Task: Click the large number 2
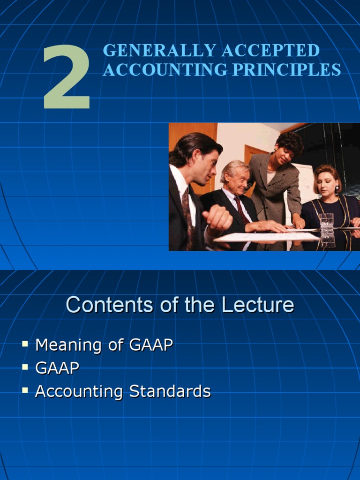67,78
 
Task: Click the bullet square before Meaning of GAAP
25,345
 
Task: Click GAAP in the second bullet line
57,368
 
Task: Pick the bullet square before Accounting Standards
25,390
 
